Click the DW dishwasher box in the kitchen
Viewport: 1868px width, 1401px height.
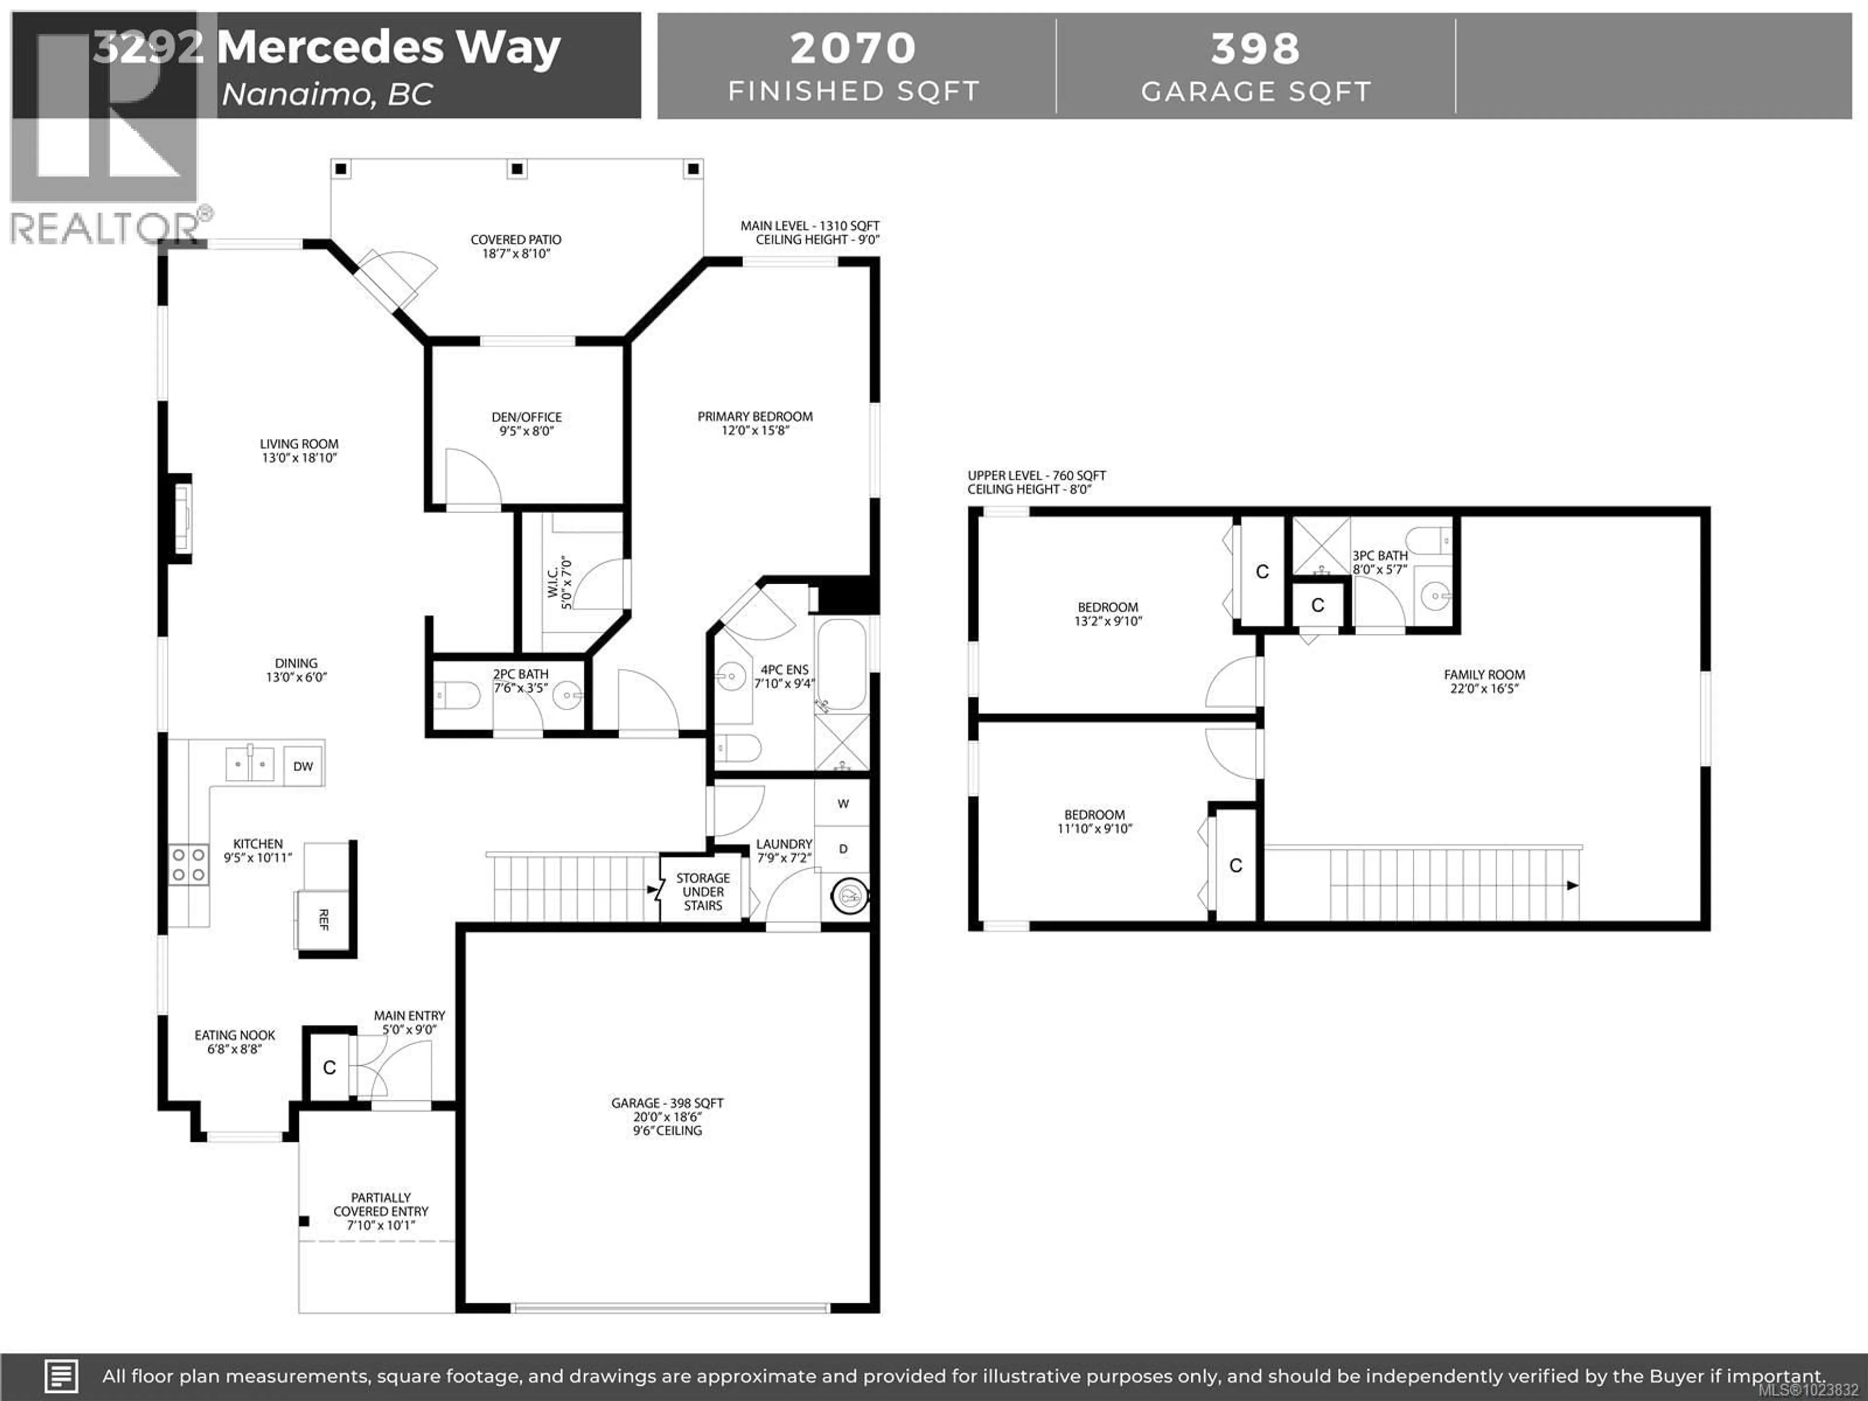point(303,766)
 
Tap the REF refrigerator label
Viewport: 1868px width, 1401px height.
point(323,919)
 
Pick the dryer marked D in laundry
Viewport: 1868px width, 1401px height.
point(843,849)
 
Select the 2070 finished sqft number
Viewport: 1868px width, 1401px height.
point(853,48)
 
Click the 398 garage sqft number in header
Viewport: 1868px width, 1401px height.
point(1256,48)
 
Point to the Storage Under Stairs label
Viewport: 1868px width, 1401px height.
point(702,892)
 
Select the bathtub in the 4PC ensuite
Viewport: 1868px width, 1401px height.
point(841,664)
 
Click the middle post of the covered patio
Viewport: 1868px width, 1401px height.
point(517,169)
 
